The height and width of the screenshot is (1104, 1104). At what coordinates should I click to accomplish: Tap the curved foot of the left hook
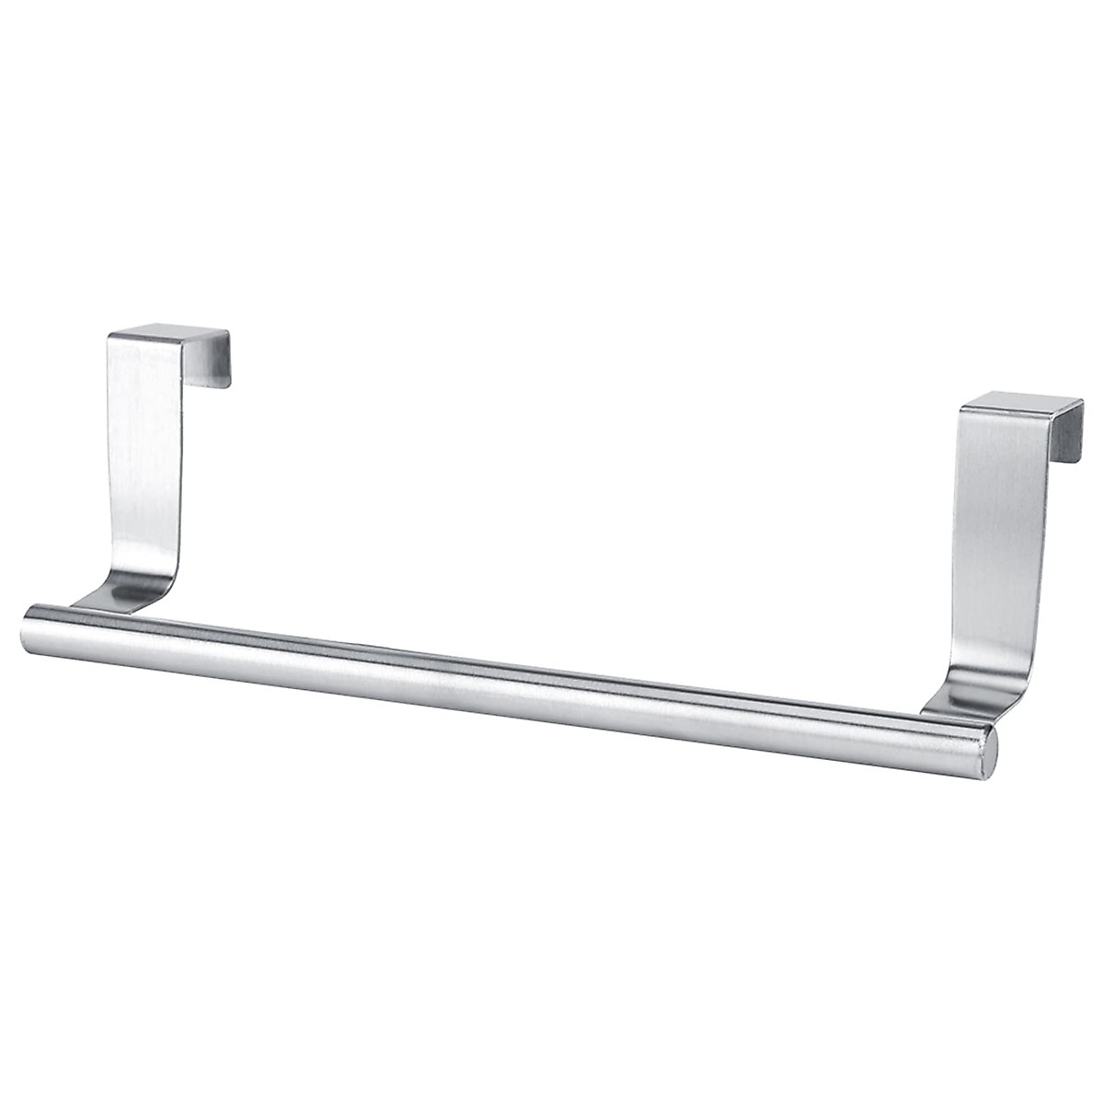point(129,589)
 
